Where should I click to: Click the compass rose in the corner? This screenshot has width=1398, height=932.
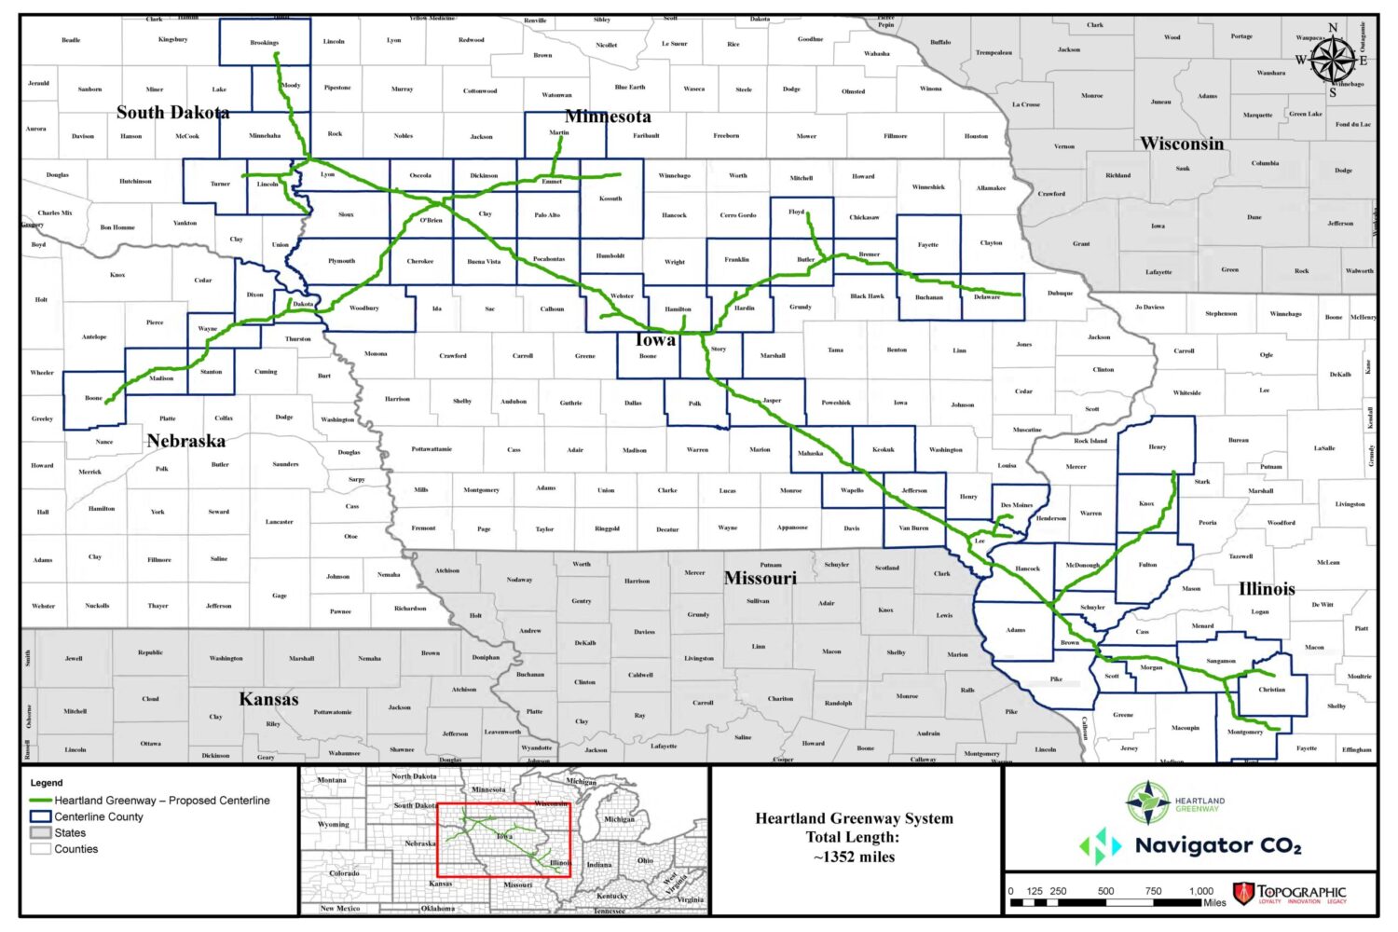[x=1333, y=62]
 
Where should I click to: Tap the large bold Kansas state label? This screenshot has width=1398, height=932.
[x=268, y=699]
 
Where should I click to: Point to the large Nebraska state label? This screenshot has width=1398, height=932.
[x=185, y=441]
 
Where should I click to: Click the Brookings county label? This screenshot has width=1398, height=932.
[x=264, y=43]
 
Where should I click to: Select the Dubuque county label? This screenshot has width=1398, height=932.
[x=1060, y=294]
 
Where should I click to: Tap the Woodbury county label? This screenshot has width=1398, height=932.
[x=363, y=308]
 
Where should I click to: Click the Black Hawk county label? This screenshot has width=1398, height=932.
[x=867, y=296]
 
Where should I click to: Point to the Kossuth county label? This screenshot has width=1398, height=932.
[x=610, y=199]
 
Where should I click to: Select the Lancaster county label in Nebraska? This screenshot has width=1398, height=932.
[x=279, y=522]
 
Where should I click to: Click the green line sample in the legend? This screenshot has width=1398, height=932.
[x=40, y=801]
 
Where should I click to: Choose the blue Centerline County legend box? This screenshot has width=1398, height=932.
[x=40, y=816]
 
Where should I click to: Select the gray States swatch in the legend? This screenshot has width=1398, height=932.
[x=40, y=833]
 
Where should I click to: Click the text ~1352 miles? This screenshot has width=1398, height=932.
[x=854, y=857]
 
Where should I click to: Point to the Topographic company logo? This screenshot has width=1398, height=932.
[x=1290, y=894]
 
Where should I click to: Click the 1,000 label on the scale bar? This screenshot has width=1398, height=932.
[x=1200, y=891]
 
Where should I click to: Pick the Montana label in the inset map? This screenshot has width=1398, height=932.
[x=332, y=780]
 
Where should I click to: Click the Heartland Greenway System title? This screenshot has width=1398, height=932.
[x=854, y=818]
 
